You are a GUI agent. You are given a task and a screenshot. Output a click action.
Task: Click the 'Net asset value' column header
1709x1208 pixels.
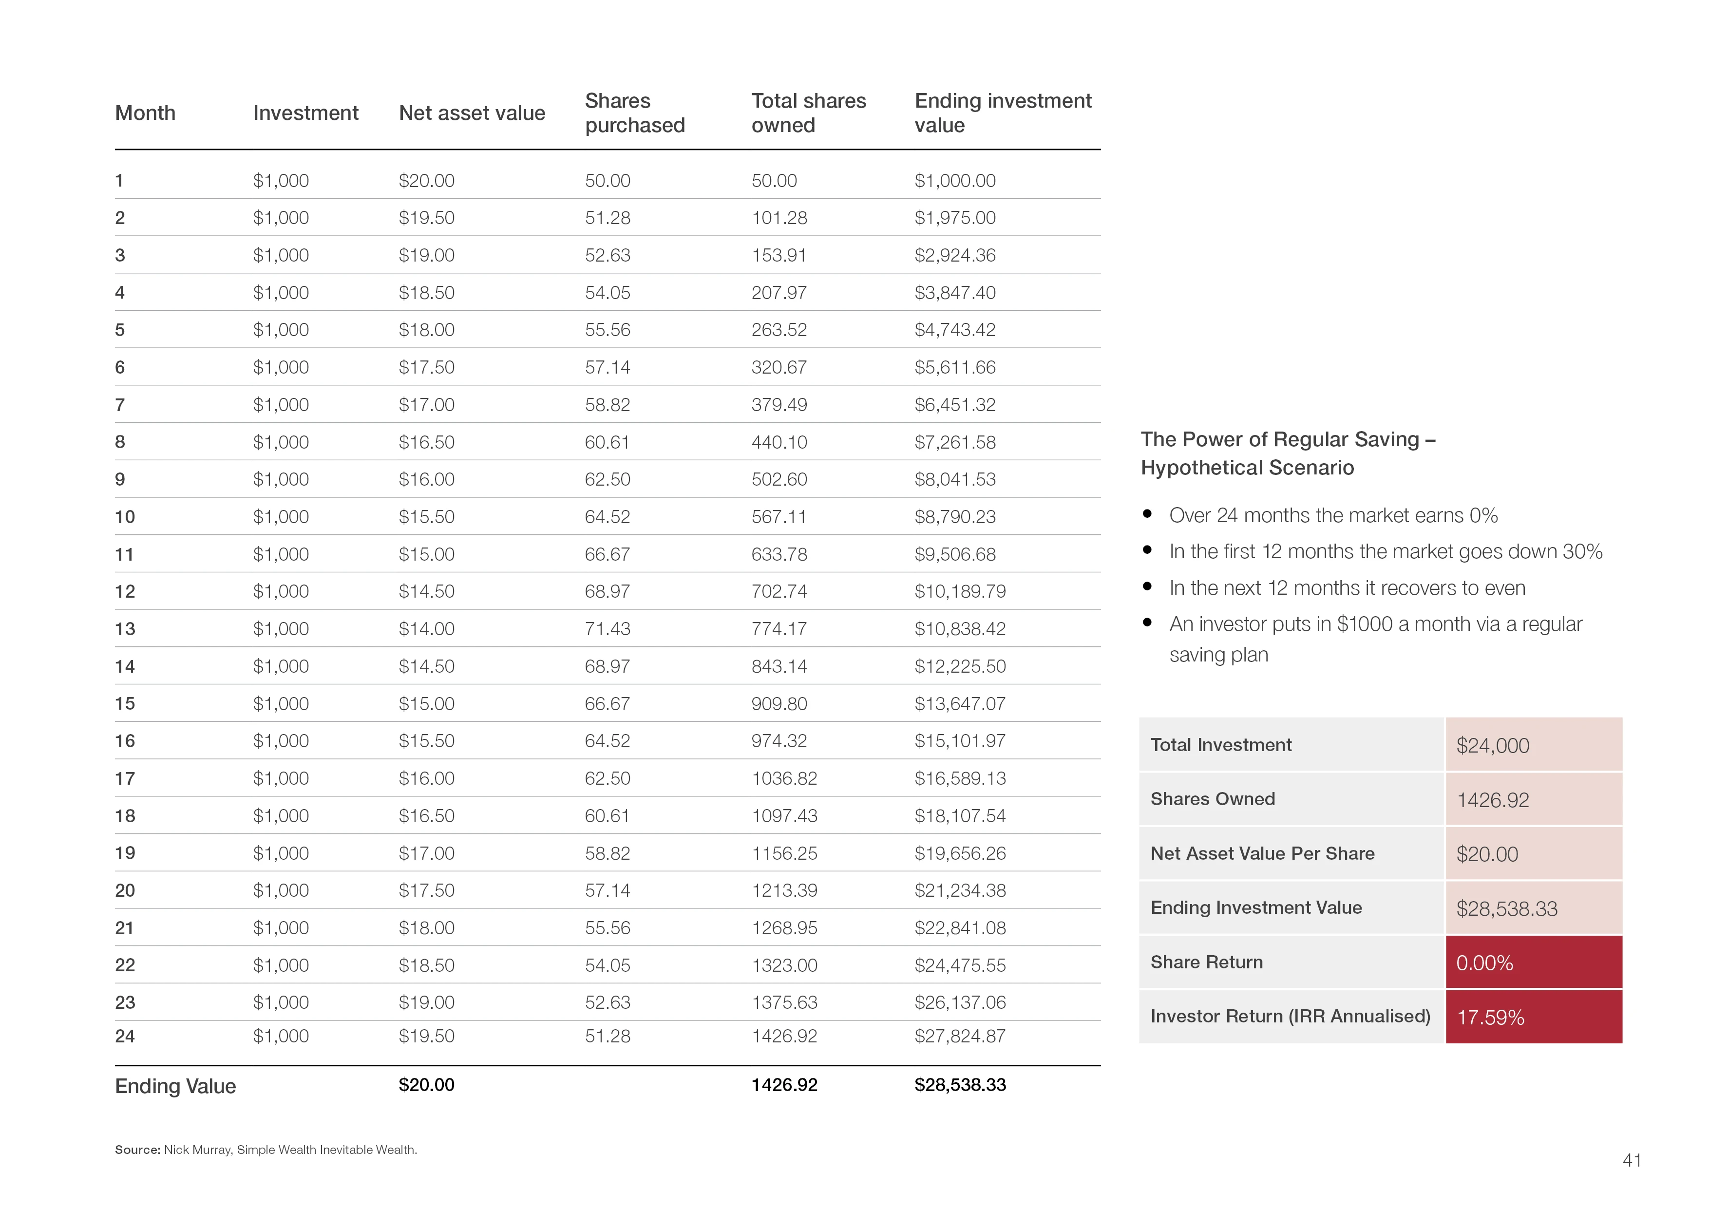pyautogui.click(x=472, y=113)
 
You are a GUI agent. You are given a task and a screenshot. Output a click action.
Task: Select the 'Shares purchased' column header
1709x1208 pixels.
pyautogui.click(x=634, y=113)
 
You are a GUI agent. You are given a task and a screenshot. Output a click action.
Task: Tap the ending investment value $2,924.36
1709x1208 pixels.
pyautogui.click(x=955, y=255)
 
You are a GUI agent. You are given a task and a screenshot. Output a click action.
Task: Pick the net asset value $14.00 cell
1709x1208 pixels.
pyautogui.click(x=426, y=629)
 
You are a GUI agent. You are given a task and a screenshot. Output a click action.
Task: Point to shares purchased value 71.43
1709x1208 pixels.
pyautogui.click(x=608, y=629)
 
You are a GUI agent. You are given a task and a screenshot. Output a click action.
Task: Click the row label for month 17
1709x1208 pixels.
pyautogui.click(x=125, y=778)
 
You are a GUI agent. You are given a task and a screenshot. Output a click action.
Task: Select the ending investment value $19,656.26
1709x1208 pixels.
pyautogui.click(x=960, y=853)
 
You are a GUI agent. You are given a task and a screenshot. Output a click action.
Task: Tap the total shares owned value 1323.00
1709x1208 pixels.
pyautogui.click(x=784, y=965)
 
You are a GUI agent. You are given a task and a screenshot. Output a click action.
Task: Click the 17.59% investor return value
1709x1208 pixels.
pyautogui.click(x=1490, y=1018)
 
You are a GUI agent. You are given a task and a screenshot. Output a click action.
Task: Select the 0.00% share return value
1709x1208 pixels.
pyautogui.click(x=1484, y=963)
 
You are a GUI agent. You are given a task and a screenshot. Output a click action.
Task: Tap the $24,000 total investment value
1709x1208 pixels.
pyautogui.click(x=1492, y=745)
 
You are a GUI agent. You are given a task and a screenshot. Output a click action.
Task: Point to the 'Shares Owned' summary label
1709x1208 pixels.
pyautogui.click(x=1213, y=799)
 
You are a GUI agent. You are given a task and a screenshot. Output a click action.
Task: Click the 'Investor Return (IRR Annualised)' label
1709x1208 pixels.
pyautogui.click(x=1290, y=1016)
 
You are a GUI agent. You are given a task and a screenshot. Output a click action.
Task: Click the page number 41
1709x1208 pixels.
pyautogui.click(x=1632, y=1160)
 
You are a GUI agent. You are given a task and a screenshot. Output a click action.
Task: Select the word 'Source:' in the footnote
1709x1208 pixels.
pyautogui.click(x=138, y=1150)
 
